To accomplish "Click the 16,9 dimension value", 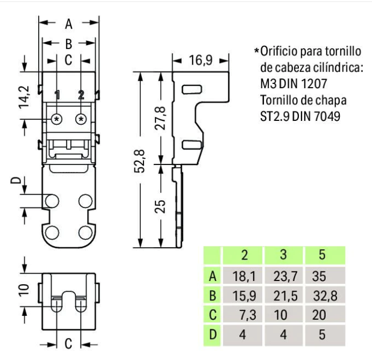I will coord(200,60).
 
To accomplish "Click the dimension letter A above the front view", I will coord(69,24).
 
